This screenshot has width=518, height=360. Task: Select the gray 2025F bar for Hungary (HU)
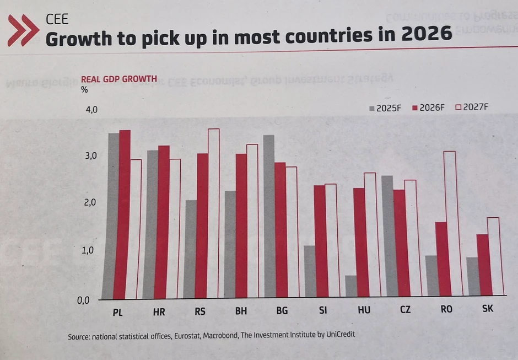(x=351, y=286)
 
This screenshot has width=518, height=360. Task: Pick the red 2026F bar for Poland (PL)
(x=125, y=215)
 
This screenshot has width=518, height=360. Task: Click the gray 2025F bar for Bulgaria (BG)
(x=269, y=216)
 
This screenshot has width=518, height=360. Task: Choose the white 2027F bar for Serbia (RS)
(x=213, y=213)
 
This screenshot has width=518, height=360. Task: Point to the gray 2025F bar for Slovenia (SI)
(x=310, y=271)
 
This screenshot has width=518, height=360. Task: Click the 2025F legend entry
(x=385, y=108)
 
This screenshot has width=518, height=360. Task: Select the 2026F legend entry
(x=428, y=108)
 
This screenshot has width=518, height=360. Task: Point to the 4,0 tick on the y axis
(x=91, y=110)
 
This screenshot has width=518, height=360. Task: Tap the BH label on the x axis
(x=241, y=311)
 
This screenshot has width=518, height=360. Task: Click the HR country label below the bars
(x=159, y=311)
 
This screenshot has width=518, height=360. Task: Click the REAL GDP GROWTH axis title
(x=118, y=79)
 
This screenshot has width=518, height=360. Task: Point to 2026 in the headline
(x=426, y=35)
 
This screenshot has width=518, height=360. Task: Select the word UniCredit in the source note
(x=346, y=335)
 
